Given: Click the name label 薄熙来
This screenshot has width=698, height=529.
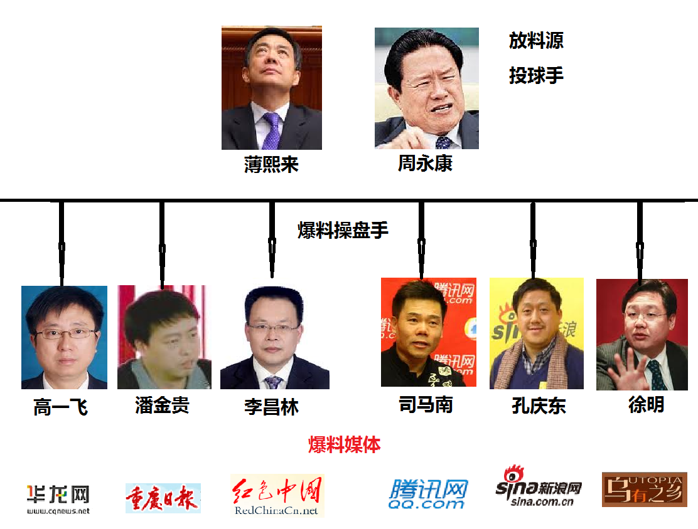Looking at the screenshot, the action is click(271, 165).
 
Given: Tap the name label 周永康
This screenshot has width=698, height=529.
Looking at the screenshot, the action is click(425, 164).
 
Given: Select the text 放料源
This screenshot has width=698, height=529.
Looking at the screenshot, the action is click(536, 41).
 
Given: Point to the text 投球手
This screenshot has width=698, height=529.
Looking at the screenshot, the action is click(536, 76).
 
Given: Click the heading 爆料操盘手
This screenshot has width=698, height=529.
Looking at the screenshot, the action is click(343, 231).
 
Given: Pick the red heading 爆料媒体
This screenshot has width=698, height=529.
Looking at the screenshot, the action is click(344, 445).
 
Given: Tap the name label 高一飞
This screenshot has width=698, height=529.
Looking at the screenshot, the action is click(60, 408).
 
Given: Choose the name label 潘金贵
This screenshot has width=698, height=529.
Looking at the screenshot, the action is click(162, 406).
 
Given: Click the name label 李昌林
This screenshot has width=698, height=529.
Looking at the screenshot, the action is click(271, 407).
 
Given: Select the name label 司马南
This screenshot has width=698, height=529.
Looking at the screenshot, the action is click(426, 404).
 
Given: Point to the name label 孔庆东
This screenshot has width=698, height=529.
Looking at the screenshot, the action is click(539, 406).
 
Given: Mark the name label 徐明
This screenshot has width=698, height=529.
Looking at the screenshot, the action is click(646, 404).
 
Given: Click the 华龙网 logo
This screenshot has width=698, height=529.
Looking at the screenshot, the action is click(58, 499).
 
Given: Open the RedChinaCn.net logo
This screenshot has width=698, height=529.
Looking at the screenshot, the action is click(277, 496).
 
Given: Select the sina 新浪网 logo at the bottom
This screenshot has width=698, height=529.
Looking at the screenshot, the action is click(538, 489).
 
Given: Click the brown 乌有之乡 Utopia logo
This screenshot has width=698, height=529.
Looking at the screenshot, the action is click(644, 490).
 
